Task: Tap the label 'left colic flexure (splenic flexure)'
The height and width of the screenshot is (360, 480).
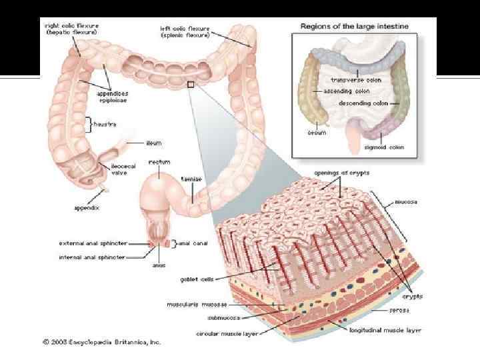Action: (185, 32)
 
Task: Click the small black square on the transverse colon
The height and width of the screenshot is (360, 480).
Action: (191, 85)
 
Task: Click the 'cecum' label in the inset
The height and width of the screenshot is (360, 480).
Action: (317, 133)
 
